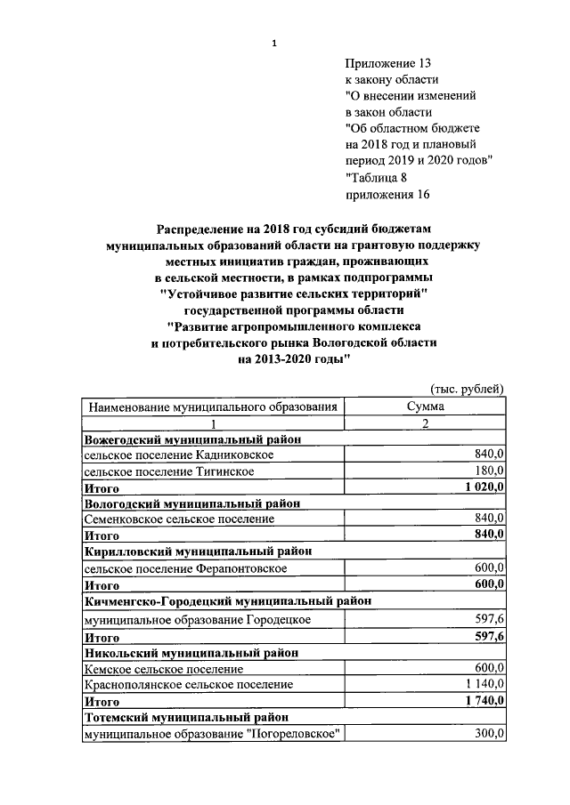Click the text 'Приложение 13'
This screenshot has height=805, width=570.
(x=387, y=64)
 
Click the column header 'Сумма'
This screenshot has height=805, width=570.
(x=426, y=407)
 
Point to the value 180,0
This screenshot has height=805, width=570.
(x=489, y=471)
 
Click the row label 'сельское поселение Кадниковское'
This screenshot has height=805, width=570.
(x=178, y=455)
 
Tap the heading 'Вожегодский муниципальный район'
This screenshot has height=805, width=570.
(x=192, y=439)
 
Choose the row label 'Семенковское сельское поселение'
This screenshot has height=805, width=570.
(x=179, y=519)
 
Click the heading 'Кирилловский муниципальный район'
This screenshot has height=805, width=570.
(x=198, y=551)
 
